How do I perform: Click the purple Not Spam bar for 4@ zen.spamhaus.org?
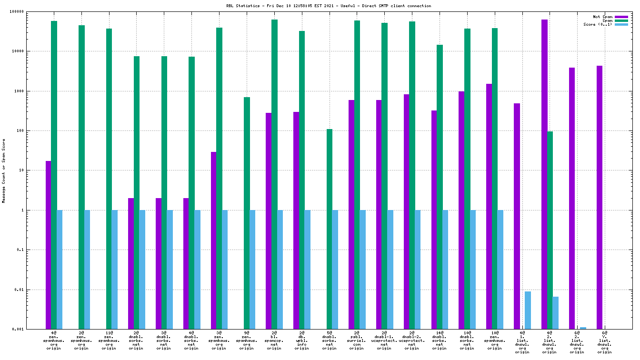tap(48, 245)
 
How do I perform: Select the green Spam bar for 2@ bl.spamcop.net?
tap(274, 174)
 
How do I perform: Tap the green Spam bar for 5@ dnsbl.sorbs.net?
tap(330, 229)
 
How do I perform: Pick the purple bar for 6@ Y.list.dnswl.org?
tap(599, 197)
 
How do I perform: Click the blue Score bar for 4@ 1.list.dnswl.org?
tap(528, 310)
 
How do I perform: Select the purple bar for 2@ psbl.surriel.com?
tap(351, 214)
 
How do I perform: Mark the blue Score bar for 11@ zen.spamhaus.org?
tap(114, 270)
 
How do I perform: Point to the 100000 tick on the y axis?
tap(31, 11)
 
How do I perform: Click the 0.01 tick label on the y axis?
tap(33, 290)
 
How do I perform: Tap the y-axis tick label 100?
tap(34, 130)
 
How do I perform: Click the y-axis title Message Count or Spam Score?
tap(4, 170)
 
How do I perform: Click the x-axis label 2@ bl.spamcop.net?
tap(274, 341)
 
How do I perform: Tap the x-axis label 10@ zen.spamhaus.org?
tap(494, 341)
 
